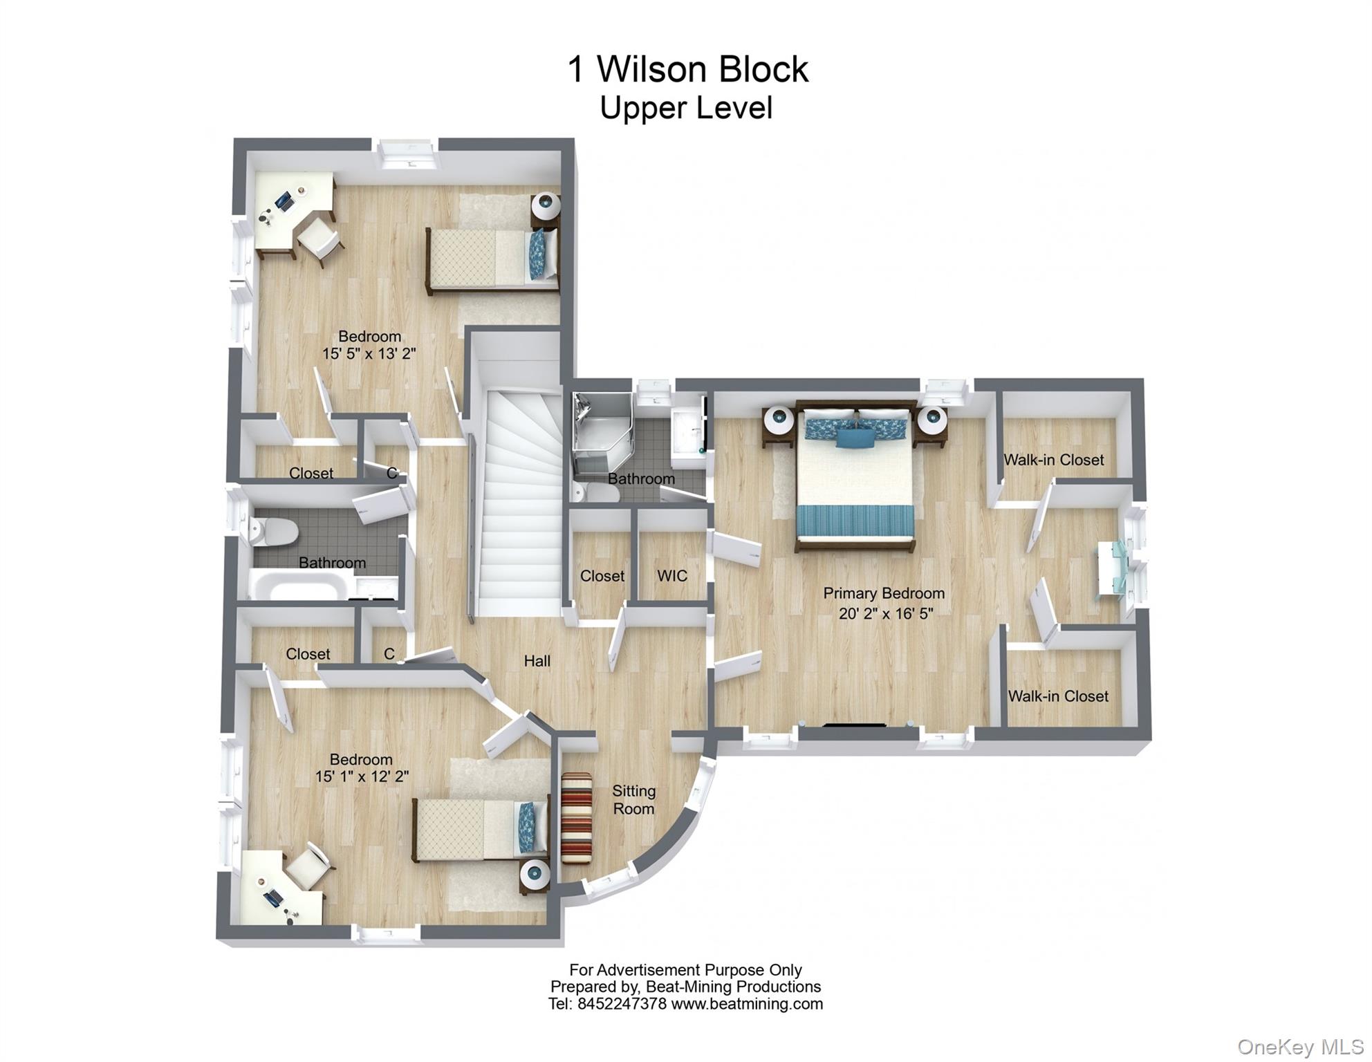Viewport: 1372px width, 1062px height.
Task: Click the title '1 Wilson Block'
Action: (687, 69)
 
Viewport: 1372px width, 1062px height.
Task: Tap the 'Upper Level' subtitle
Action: (685, 108)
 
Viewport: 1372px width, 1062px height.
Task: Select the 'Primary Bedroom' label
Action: (883, 593)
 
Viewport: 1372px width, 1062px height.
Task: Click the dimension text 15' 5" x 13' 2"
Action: (369, 354)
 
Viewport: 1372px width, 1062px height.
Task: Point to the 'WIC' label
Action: (671, 576)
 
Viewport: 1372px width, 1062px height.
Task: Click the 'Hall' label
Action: (537, 661)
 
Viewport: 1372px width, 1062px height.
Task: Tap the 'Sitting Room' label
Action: (633, 799)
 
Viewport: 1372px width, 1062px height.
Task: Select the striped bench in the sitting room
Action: (577, 818)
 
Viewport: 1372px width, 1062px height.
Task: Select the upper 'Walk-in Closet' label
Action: (1053, 460)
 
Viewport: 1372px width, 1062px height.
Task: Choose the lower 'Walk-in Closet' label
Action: (1057, 696)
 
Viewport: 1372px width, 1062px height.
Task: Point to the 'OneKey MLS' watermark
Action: (1299, 1047)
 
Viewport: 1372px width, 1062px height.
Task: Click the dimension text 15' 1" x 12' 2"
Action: (362, 776)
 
